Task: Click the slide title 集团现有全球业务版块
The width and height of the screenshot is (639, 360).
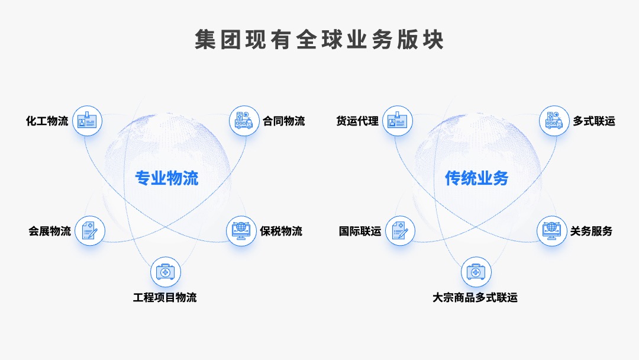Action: coord(319,40)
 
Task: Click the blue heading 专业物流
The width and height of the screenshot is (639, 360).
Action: coord(167,178)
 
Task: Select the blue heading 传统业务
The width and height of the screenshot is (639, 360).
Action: coord(476,178)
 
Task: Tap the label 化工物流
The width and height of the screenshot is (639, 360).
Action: coord(47,121)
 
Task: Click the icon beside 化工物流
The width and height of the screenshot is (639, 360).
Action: coord(87,121)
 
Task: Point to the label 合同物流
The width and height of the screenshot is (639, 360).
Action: coord(283,121)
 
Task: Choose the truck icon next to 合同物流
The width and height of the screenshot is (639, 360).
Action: coord(244,121)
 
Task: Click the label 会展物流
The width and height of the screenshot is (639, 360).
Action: coord(50,231)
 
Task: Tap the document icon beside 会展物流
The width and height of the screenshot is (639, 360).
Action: coord(90,231)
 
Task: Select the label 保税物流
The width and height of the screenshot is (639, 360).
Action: coord(281,231)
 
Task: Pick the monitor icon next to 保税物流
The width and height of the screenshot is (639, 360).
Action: coord(241,231)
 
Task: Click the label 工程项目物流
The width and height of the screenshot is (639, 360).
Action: coord(165,298)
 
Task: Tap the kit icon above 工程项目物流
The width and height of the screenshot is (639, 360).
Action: coord(166,272)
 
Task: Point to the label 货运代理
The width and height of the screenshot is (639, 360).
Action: coord(357,121)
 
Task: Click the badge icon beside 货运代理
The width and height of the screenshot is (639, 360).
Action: coord(398,121)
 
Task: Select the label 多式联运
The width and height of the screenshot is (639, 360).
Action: coord(594,121)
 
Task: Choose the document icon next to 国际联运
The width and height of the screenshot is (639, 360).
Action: coord(400,231)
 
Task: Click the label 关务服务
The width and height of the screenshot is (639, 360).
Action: coord(591,231)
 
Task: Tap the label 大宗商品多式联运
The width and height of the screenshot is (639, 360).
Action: coord(475,298)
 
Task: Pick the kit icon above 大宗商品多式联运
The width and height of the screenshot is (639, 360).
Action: coord(476,272)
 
